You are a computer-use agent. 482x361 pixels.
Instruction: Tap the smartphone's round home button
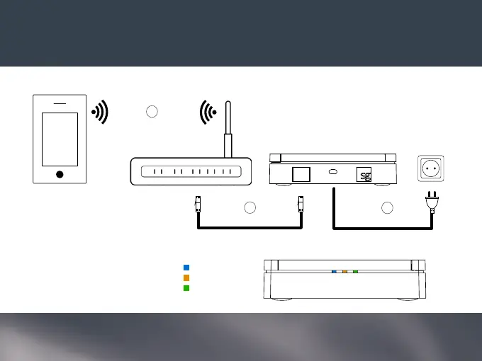(x=60, y=174)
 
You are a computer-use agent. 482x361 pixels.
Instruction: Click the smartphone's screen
(x=60, y=139)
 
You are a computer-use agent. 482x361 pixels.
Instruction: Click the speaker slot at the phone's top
(x=60, y=103)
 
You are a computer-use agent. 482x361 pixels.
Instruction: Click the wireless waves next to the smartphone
(x=101, y=112)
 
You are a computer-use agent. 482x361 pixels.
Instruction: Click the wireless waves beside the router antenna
(x=208, y=112)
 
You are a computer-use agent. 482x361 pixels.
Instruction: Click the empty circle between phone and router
(x=152, y=111)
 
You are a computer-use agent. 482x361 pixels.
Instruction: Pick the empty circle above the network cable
(x=250, y=207)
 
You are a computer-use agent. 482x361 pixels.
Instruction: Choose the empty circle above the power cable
(x=387, y=207)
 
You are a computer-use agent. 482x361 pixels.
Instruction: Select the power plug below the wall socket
(x=432, y=203)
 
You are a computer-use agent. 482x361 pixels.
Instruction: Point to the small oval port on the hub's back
(x=332, y=172)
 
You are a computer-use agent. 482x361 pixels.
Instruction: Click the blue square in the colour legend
(x=186, y=268)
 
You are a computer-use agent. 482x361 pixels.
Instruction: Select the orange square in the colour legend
(x=186, y=277)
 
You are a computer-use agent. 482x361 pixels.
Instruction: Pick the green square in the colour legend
(x=186, y=287)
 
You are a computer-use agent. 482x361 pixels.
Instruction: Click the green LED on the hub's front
(x=355, y=270)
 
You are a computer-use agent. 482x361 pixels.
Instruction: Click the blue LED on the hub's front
(x=334, y=270)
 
